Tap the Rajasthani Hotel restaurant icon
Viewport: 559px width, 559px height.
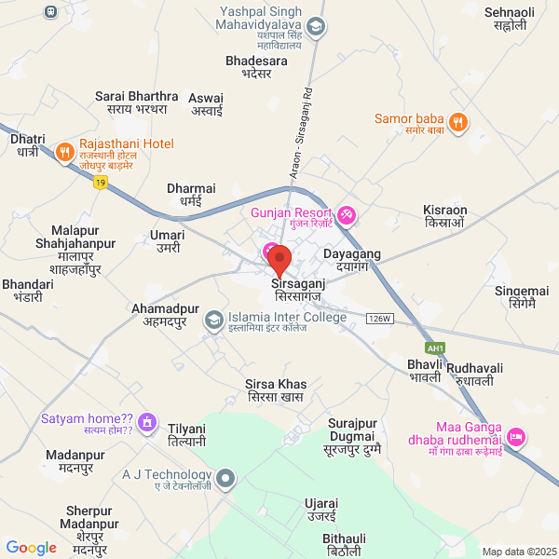click(65, 151)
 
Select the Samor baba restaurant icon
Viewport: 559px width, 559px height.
click(457, 122)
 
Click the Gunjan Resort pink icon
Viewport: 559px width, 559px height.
click(347, 215)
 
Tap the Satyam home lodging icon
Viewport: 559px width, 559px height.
click(146, 424)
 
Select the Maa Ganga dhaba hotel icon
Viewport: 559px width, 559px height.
click(515, 436)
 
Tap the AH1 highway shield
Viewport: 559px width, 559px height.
click(437, 348)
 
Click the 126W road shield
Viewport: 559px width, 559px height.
click(379, 318)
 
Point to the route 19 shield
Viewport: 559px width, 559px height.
click(100, 184)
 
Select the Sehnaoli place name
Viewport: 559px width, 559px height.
click(510, 19)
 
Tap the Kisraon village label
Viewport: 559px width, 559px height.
click(444, 216)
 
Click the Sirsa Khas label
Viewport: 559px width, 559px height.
click(276, 390)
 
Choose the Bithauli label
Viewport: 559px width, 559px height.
click(344, 545)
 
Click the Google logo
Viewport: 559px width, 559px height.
click(32, 548)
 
